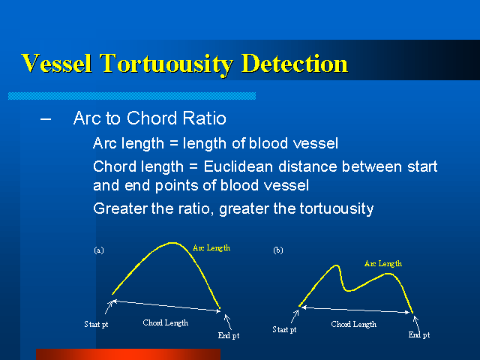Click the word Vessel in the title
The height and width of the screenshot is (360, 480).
57,63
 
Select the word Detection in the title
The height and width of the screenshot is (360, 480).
295,63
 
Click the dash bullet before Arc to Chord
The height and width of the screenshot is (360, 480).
46,118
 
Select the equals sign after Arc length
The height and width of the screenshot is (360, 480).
173,143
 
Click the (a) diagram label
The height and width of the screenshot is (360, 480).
99,250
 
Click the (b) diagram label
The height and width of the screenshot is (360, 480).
278,250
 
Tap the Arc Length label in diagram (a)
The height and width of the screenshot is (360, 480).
211,248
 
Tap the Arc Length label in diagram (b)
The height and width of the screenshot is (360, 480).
383,263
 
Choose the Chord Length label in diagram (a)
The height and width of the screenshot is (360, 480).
166,322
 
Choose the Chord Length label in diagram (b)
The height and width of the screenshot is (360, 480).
353,324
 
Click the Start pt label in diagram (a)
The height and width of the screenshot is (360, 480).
96,324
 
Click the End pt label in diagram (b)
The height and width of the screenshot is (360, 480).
419,335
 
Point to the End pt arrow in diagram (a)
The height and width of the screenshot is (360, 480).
228,322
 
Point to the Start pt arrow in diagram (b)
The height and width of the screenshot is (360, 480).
295,316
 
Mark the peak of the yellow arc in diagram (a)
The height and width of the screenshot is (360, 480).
172,243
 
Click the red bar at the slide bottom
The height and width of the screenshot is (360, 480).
128,354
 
